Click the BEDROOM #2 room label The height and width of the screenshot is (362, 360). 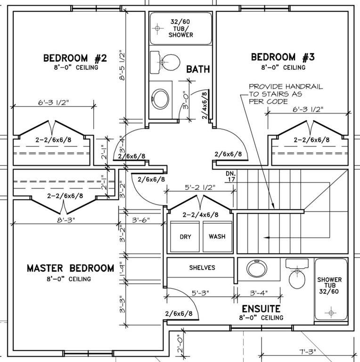(x=75, y=58)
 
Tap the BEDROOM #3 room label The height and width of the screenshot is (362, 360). (x=283, y=57)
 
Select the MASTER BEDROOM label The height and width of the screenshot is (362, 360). (x=71, y=268)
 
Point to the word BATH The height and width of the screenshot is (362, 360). (x=198, y=69)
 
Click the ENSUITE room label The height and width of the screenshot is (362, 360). (x=261, y=309)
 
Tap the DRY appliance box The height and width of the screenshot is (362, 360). (x=185, y=237)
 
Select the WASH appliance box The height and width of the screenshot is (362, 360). (x=217, y=237)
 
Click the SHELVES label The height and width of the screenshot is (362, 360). (x=202, y=268)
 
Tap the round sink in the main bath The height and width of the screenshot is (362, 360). (x=161, y=99)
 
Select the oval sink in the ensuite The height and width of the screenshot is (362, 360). (x=257, y=269)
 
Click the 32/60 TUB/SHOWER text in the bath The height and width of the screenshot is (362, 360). (x=180, y=28)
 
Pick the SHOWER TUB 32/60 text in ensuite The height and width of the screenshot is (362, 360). (x=329, y=285)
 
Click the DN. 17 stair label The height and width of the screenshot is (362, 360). (x=231, y=176)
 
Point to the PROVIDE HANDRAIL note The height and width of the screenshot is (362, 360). (x=286, y=94)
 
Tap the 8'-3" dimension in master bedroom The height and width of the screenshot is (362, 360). (x=66, y=220)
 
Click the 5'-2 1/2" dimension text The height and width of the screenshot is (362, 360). (x=200, y=187)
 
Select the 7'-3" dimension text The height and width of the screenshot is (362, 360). (x=308, y=352)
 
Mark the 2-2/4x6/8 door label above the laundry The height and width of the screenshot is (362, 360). (x=200, y=215)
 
